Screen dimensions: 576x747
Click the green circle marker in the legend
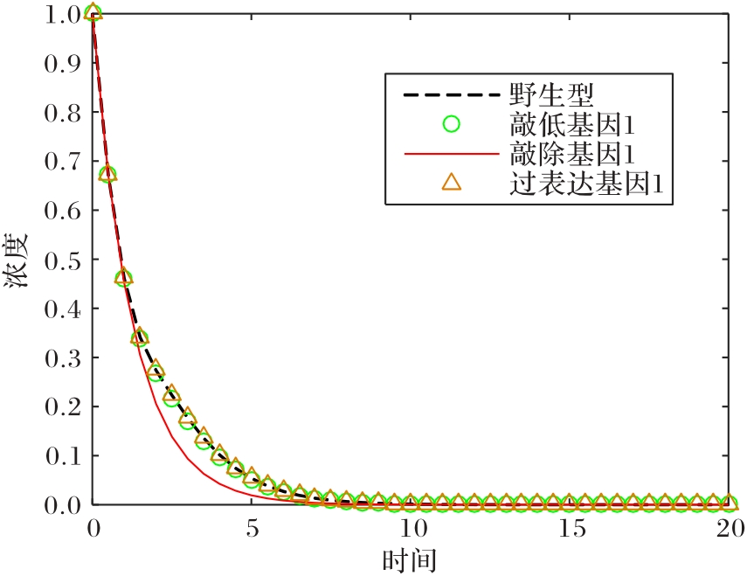[x=451, y=123]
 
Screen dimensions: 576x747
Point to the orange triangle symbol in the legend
[x=451, y=183]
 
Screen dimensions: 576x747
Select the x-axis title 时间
[x=410, y=559]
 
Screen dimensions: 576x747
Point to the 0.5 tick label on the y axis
[x=59, y=260]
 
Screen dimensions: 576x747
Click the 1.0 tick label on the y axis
[x=59, y=14]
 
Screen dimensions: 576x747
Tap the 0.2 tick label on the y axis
[x=59, y=406]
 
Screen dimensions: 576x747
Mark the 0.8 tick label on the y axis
[x=59, y=113]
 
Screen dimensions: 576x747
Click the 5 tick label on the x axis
[x=252, y=529]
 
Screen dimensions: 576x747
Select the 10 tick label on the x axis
[x=411, y=529]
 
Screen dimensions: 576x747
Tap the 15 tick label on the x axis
[x=571, y=529]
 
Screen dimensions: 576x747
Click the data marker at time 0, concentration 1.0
[x=93, y=12]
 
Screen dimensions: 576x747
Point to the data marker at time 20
[x=730, y=503]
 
